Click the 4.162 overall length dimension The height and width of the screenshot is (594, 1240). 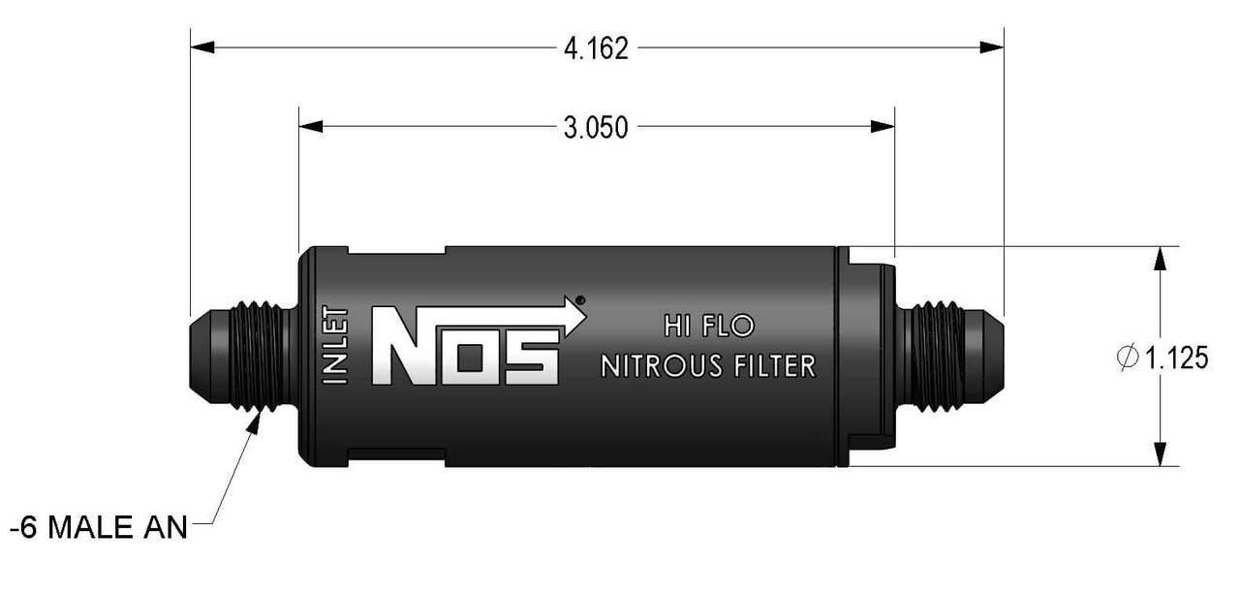(597, 48)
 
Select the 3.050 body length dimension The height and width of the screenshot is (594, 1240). (597, 127)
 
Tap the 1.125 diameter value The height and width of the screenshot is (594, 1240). (1177, 359)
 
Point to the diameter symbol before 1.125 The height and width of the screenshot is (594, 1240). (1129, 359)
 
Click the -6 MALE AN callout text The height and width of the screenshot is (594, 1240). (97, 529)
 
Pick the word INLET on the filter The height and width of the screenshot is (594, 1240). (335, 346)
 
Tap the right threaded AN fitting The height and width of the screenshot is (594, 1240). (945, 356)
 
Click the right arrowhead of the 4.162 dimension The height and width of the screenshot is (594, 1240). (992, 47)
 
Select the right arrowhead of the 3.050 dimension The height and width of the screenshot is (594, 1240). (883, 126)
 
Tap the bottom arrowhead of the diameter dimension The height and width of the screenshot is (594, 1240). (1159, 454)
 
